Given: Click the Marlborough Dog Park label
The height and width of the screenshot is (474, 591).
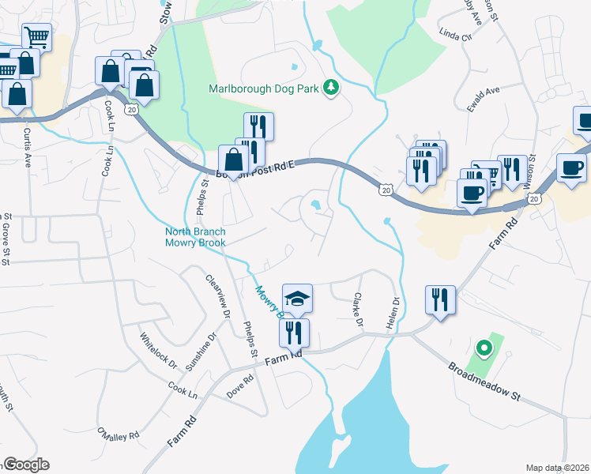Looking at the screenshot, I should (263, 88).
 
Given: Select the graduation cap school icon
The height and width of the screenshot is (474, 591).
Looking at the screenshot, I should (298, 299).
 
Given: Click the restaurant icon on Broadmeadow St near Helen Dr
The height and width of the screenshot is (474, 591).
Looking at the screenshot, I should (439, 301).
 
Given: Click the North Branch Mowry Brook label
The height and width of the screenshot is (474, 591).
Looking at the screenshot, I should (195, 237).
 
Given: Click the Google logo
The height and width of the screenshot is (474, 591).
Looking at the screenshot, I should (26, 465).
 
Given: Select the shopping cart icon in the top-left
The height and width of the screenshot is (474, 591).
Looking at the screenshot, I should (36, 37).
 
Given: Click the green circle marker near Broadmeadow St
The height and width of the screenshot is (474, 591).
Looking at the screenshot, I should (481, 348).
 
